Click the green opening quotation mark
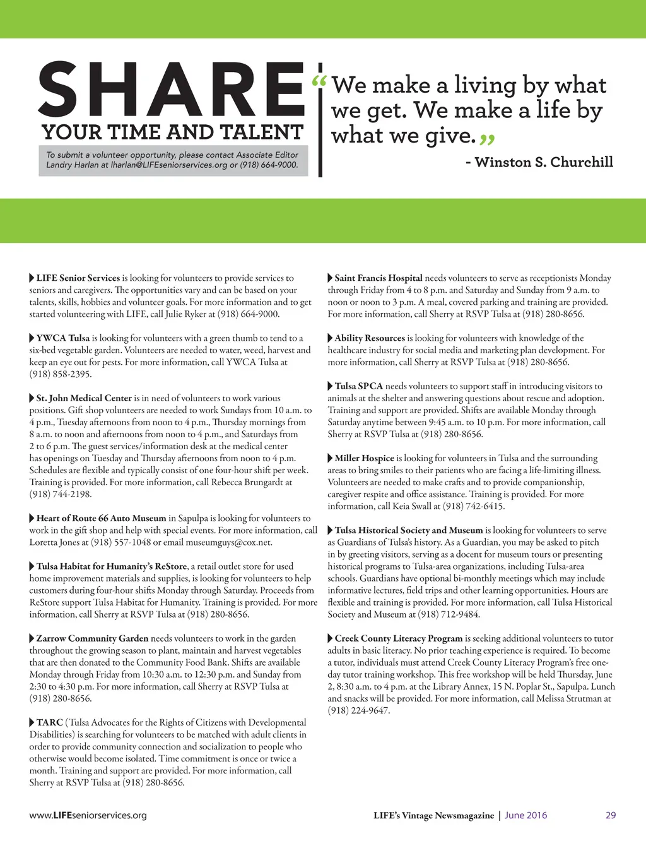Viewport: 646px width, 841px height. (320, 83)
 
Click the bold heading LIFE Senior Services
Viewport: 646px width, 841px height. (78, 278)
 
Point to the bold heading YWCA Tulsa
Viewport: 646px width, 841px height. (63, 338)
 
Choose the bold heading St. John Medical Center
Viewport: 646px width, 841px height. (84, 398)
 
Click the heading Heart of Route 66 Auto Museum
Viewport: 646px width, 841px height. (101, 518)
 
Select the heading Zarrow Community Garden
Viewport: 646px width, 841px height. (92, 638)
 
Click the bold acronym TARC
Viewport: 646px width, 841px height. (49, 722)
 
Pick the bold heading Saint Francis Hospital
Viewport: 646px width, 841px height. (379, 278)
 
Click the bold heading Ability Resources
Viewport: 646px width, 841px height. (370, 338)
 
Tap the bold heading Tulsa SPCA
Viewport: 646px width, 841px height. (359, 386)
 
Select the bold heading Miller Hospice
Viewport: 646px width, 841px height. (364, 458)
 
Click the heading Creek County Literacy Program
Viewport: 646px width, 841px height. (399, 638)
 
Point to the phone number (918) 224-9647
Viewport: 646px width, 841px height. (358, 710)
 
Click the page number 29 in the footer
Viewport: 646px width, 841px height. (611, 815)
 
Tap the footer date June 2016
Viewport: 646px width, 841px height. (526, 815)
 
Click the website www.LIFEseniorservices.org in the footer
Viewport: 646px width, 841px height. (88, 815)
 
